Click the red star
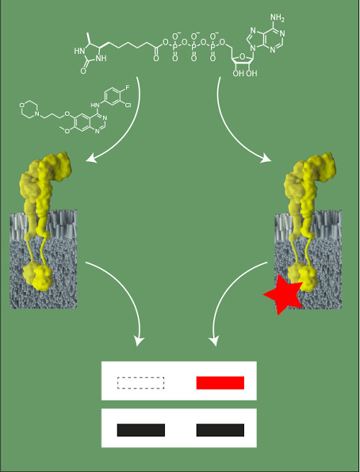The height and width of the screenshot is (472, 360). [x=284, y=295]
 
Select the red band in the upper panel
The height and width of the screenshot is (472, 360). [x=220, y=383]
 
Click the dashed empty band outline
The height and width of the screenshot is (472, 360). [x=140, y=383]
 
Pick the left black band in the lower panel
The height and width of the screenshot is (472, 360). [x=140, y=430]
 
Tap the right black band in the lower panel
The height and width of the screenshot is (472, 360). [x=220, y=430]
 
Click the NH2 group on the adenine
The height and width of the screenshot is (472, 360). [x=277, y=18]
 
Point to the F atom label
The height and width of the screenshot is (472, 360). [x=127, y=88]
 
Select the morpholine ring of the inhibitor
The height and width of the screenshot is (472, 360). [x=30, y=109]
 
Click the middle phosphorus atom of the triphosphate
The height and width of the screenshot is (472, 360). [x=194, y=47]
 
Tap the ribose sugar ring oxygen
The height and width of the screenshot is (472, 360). [x=242, y=55]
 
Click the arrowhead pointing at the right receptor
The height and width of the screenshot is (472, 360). [x=266, y=158]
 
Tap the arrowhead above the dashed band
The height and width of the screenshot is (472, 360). [x=138, y=341]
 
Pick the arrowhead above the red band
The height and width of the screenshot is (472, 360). [x=214, y=341]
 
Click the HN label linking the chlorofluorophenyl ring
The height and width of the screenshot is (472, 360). [x=95, y=105]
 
